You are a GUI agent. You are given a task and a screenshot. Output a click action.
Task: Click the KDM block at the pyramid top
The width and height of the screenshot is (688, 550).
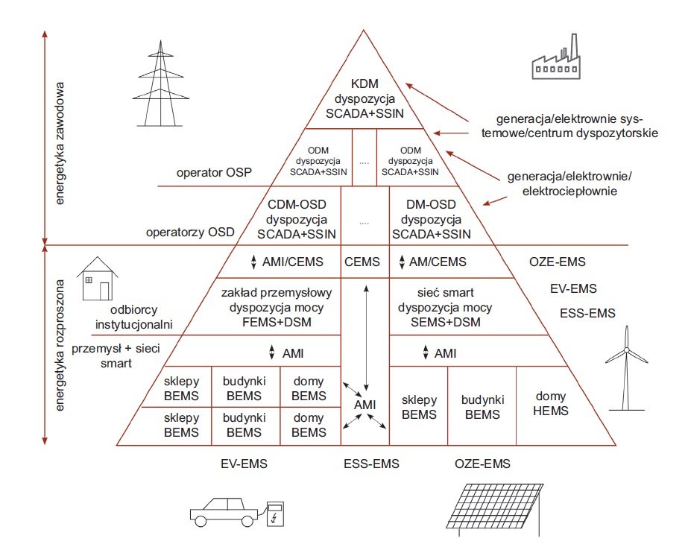click(x=364, y=98)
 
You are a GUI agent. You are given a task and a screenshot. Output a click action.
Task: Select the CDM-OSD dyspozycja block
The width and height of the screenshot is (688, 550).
click(x=297, y=219)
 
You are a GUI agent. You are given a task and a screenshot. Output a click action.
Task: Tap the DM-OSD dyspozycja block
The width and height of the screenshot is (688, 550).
click(x=432, y=219)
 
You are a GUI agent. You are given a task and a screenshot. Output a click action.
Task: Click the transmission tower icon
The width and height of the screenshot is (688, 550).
click(x=160, y=83)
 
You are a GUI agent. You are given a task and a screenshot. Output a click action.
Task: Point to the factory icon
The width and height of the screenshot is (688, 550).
click(x=556, y=57)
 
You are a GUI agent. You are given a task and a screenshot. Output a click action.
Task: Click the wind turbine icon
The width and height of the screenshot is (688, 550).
click(x=627, y=368)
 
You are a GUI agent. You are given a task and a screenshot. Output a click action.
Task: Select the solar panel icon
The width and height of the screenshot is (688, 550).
click(x=495, y=510)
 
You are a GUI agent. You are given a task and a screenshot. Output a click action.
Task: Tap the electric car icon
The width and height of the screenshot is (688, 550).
click(x=224, y=511)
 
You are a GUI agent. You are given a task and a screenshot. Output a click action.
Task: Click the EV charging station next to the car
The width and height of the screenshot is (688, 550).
click(x=275, y=514)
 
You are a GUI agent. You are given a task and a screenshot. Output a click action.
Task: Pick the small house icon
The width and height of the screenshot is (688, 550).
click(x=98, y=279)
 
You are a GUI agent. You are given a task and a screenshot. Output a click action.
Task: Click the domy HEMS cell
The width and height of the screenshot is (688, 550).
click(x=551, y=403)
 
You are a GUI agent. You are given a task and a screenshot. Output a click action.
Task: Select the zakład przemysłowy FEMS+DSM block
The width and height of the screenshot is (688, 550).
click(x=277, y=307)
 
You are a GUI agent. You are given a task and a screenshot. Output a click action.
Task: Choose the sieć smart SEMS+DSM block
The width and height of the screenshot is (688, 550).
click(x=445, y=307)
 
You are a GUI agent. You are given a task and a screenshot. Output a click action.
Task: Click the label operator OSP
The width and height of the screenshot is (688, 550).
click(x=214, y=172)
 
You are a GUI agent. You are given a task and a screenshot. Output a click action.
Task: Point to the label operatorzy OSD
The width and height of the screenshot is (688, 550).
click(x=190, y=232)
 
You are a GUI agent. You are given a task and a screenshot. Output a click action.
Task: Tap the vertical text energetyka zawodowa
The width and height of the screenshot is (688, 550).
click(x=60, y=143)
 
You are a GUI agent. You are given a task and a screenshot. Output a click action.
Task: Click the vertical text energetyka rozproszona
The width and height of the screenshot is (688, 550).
click(x=60, y=345)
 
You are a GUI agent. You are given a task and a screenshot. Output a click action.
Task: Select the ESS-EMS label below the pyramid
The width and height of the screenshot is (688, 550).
click(x=372, y=464)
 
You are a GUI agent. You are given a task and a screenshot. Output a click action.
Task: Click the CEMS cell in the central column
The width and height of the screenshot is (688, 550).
click(x=362, y=262)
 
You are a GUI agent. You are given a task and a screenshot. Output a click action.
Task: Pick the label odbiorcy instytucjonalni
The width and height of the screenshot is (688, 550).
click(x=134, y=317)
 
